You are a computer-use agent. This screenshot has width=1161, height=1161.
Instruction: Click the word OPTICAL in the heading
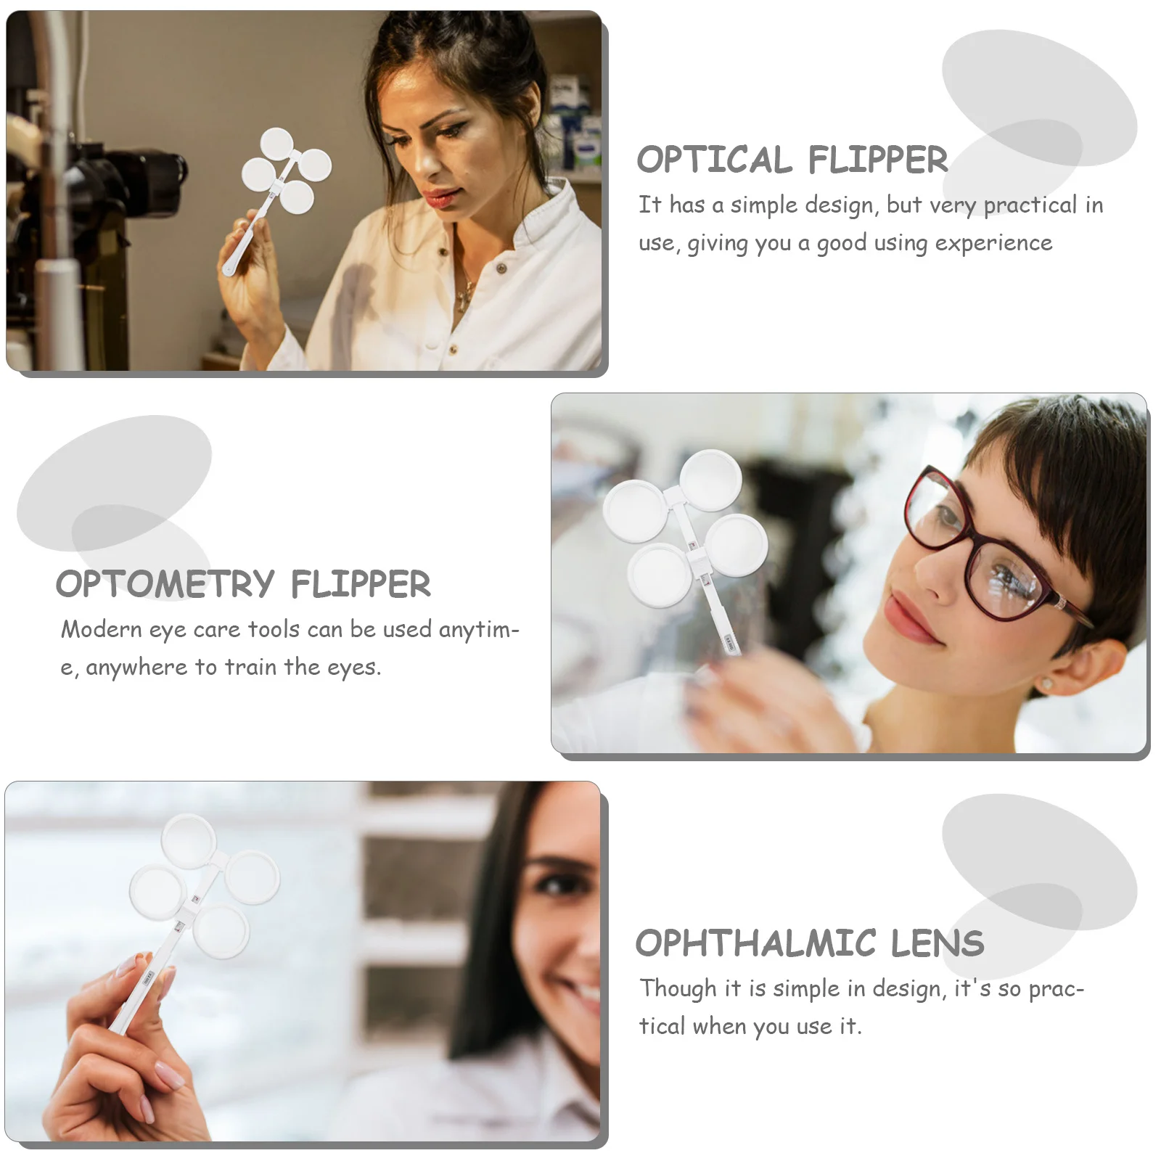point(714,160)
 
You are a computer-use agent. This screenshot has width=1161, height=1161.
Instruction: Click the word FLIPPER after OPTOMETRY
point(361,585)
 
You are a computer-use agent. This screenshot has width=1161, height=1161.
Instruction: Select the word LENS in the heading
point(937,943)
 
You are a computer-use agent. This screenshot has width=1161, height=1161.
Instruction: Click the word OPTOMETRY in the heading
point(165,585)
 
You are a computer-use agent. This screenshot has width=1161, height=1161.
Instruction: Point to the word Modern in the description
point(101,629)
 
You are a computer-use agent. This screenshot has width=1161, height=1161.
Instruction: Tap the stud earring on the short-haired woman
point(1046,684)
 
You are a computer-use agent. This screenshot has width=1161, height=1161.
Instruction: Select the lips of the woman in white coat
point(443,197)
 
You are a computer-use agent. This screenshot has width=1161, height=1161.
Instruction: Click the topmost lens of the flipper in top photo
point(276,143)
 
